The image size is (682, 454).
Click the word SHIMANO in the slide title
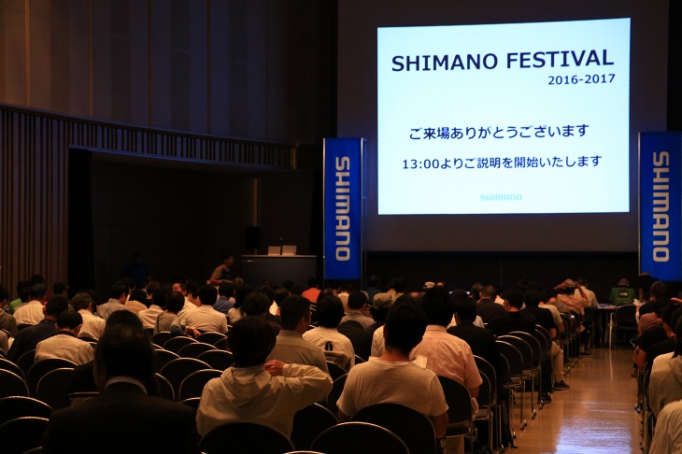(444, 63)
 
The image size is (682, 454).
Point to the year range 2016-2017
(581, 79)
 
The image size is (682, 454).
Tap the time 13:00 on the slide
(417, 164)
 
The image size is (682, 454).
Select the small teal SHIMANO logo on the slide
(501, 197)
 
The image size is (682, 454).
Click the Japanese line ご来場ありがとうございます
(499, 132)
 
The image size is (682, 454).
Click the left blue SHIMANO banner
(343, 208)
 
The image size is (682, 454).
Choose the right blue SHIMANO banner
(661, 206)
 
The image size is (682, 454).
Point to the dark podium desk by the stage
(278, 270)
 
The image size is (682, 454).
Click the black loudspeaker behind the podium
(252, 237)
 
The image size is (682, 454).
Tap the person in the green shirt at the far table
(622, 292)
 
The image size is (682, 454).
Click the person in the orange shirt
(311, 291)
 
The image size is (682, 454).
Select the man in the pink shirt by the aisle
(446, 348)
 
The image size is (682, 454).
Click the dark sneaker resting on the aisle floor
(561, 385)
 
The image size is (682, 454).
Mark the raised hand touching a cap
(565, 285)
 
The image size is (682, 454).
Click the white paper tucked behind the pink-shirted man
(419, 362)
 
